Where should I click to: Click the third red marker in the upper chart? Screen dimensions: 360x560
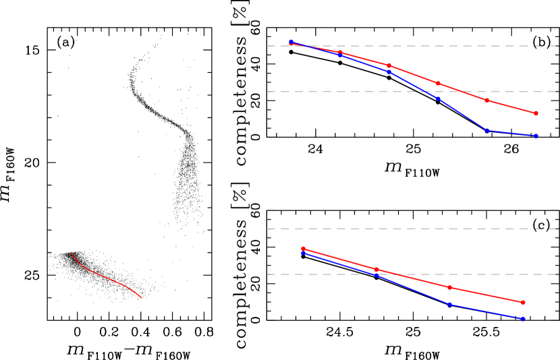coord(389,65)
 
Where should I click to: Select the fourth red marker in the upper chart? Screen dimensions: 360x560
coord(438,84)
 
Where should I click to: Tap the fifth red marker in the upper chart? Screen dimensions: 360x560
coord(486,100)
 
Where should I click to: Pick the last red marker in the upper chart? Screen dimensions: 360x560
coord(536,113)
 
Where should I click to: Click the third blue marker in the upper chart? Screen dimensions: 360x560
coord(389,71)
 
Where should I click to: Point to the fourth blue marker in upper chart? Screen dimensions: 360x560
coord(438,98)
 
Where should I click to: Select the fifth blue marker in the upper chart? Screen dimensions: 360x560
coord(486,130)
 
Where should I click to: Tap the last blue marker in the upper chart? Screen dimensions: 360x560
coord(536,136)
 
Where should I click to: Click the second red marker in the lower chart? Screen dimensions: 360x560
coord(376,270)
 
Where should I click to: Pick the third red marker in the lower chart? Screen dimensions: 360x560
coord(449,287)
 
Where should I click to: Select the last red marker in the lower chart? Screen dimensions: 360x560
coord(523,302)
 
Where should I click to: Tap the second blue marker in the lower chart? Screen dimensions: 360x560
coord(376,274)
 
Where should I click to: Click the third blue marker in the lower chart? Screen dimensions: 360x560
coord(449,304)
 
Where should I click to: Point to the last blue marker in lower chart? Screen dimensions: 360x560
coord(523,319)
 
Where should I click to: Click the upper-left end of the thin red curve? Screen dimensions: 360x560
coord(71,253)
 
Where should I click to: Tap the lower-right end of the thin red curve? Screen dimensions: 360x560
coord(142,298)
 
